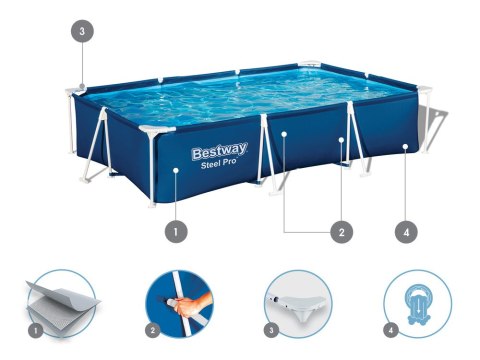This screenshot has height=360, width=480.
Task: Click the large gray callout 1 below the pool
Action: pyautogui.click(x=175, y=232)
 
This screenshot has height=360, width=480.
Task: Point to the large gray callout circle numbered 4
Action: pyautogui.click(x=405, y=232)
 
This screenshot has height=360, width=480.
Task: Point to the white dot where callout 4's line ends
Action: pyautogui.click(x=405, y=147)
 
